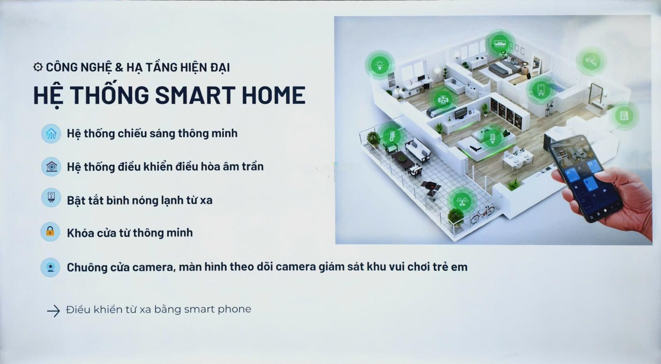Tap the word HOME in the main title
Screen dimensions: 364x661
coord(273,95)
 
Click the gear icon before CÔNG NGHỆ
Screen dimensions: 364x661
coord(38,67)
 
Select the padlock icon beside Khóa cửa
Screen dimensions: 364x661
coord(50,232)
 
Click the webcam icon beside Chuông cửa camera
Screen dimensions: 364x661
coord(50,267)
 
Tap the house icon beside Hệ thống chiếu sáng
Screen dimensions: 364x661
coord(51,134)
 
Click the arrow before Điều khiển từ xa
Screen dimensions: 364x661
coord(53,311)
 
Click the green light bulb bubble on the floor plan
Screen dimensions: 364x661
coord(380,65)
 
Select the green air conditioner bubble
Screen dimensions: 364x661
coord(500,43)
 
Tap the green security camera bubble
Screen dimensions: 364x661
coord(591,61)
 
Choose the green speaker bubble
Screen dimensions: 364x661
coord(443,99)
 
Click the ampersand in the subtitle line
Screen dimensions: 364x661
coord(119,67)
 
